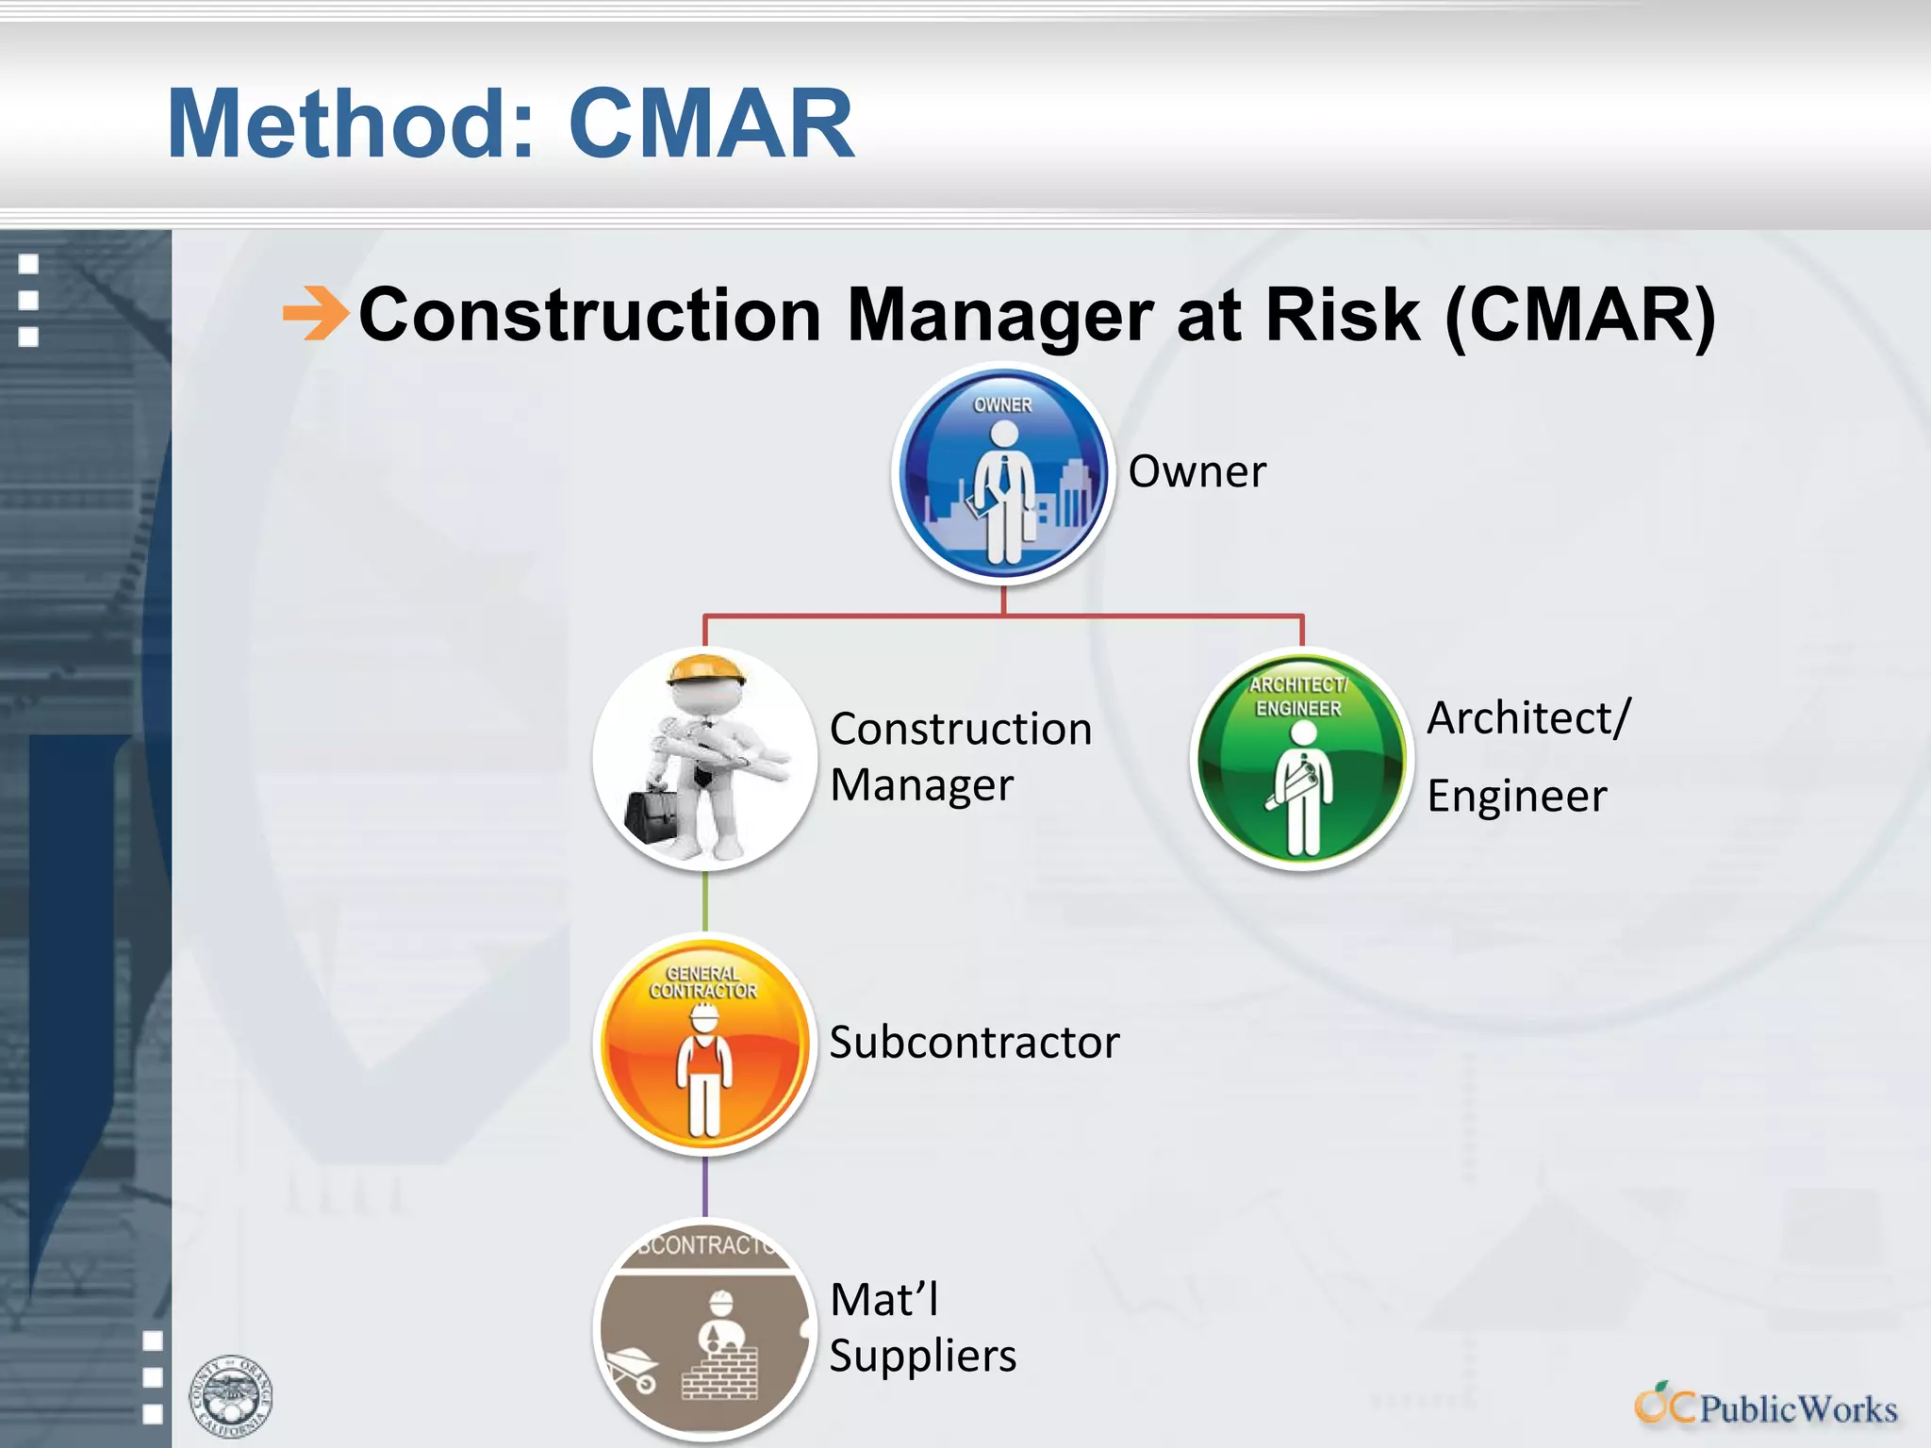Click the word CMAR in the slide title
(x=711, y=123)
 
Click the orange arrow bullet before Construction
(x=316, y=313)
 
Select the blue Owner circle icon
(x=1003, y=473)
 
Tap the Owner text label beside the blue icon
(x=1197, y=471)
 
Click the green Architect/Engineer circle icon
(x=1301, y=759)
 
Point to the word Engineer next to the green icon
(x=1516, y=797)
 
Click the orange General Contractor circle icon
(x=704, y=1045)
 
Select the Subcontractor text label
(x=974, y=1043)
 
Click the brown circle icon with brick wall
(x=704, y=1329)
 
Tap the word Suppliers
(x=922, y=1356)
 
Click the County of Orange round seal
(x=231, y=1396)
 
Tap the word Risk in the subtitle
(x=1342, y=314)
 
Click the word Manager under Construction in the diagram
(x=921, y=785)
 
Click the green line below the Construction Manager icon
(x=704, y=900)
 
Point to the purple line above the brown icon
(x=704, y=1187)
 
